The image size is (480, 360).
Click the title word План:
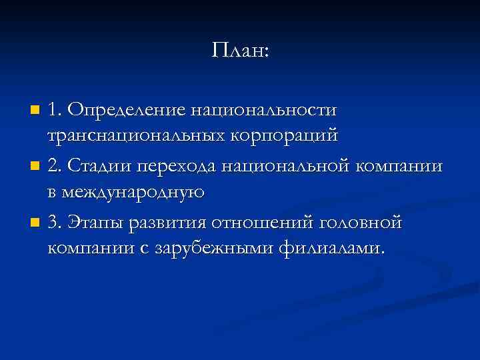tap(240, 51)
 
